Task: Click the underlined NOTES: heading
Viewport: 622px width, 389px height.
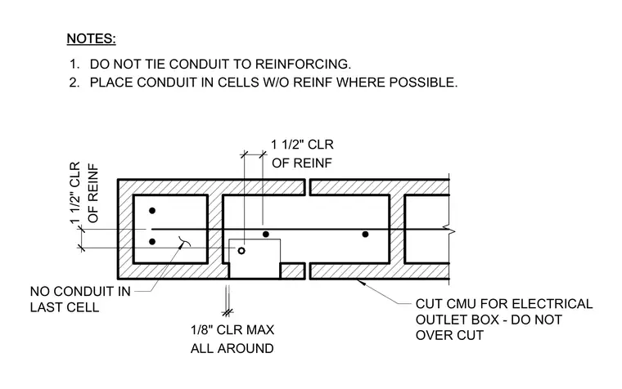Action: pyautogui.click(x=91, y=39)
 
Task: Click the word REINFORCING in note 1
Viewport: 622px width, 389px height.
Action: pyautogui.click(x=303, y=64)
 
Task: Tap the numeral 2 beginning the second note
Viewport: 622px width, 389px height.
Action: pyautogui.click(x=74, y=83)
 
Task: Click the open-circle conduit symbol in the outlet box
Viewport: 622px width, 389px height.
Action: pyautogui.click(x=241, y=250)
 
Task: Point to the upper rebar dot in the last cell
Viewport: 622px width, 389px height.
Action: pyautogui.click(x=152, y=210)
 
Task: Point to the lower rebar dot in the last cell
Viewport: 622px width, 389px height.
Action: pyautogui.click(x=152, y=242)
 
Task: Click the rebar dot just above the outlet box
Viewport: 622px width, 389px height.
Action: pyautogui.click(x=266, y=234)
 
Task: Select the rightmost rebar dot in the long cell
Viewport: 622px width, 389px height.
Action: pyautogui.click(x=365, y=234)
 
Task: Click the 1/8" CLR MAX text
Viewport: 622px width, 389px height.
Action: pyautogui.click(x=232, y=329)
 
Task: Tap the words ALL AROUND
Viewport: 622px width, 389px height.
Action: pyautogui.click(x=232, y=348)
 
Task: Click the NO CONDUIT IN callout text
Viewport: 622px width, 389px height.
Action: pyautogui.click(x=80, y=292)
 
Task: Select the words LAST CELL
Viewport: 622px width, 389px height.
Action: pyautogui.click(x=65, y=307)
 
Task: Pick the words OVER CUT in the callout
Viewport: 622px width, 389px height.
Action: pyautogui.click(x=449, y=335)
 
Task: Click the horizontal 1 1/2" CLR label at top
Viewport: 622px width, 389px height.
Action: pyautogui.click(x=302, y=145)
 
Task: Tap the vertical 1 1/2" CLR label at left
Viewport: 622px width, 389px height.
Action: pyautogui.click(x=75, y=193)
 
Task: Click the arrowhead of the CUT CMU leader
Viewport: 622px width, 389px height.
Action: pyautogui.click(x=358, y=281)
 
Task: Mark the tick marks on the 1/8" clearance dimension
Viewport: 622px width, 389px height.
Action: pyautogui.click(x=228, y=313)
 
